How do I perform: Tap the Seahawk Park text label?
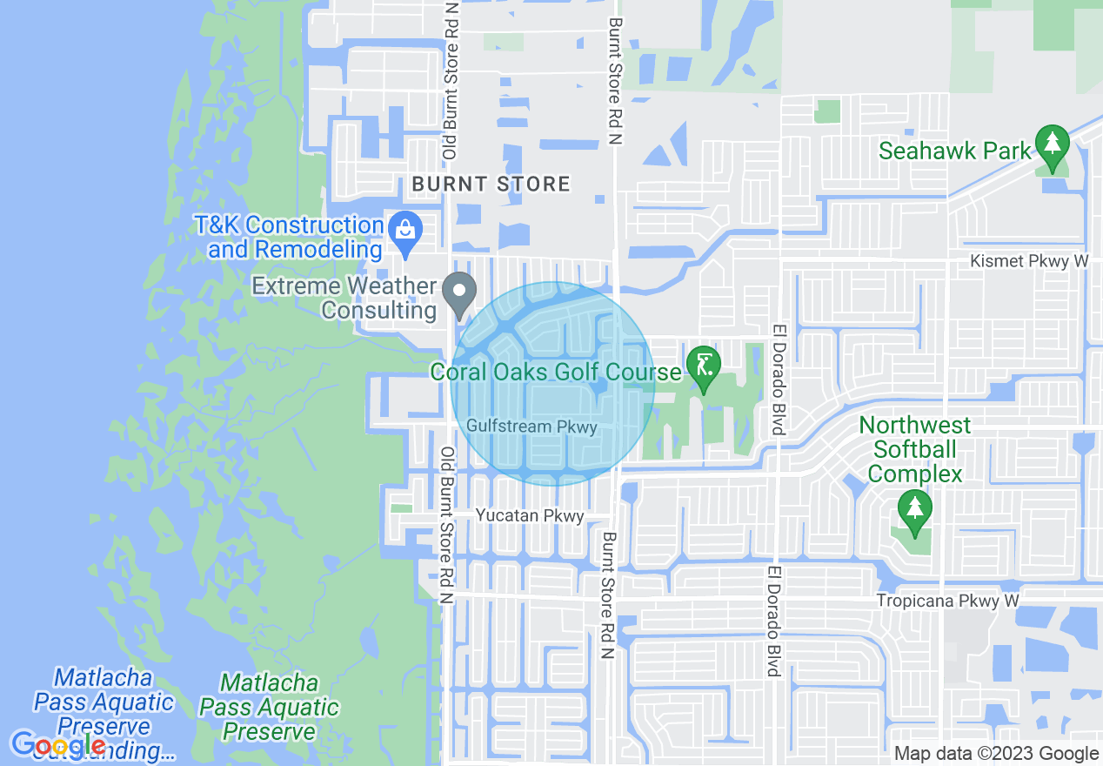click(x=954, y=151)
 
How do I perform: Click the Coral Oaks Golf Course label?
click(x=556, y=373)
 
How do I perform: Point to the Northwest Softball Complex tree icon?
click(x=914, y=511)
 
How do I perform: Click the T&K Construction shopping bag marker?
click(x=404, y=230)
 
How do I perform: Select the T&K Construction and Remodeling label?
click(x=296, y=237)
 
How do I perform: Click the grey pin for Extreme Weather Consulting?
click(x=458, y=292)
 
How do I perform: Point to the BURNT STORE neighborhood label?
click(x=491, y=184)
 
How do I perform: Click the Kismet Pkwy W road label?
click(x=1029, y=261)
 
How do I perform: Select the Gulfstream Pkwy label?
click(x=531, y=427)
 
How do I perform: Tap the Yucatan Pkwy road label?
click(x=530, y=516)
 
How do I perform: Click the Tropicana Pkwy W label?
click(x=946, y=601)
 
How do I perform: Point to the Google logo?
click(x=58, y=745)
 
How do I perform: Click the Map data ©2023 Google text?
click(x=997, y=754)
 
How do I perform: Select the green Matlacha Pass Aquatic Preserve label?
click(x=269, y=707)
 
